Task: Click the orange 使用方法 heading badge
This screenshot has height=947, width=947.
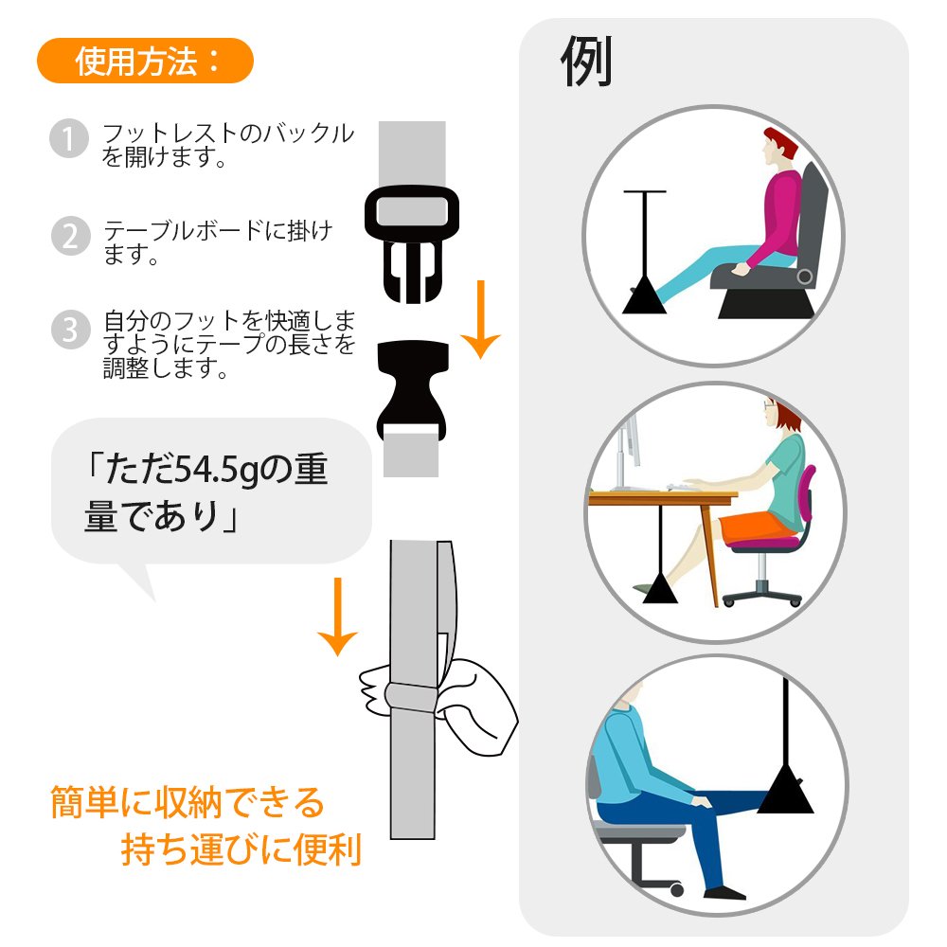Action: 145,61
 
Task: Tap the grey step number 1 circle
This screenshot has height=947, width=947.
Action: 69,138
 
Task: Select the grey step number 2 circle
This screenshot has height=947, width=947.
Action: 71,236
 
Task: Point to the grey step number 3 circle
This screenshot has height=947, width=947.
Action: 71,330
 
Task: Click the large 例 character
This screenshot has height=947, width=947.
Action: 586,61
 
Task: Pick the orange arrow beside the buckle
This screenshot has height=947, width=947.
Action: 481,319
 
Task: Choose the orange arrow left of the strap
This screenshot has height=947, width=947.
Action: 338,616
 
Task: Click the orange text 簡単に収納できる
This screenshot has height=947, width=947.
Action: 188,802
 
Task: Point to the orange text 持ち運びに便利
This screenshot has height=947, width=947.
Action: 241,849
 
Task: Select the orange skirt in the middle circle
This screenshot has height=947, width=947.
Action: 758,527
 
